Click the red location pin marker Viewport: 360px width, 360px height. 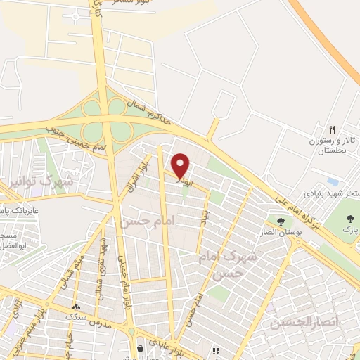click(x=181, y=165)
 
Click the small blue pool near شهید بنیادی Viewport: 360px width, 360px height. click(x=333, y=181)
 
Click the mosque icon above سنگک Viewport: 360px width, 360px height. click(x=76, y=307)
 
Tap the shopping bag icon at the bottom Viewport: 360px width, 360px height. click(x=141, y=348)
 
